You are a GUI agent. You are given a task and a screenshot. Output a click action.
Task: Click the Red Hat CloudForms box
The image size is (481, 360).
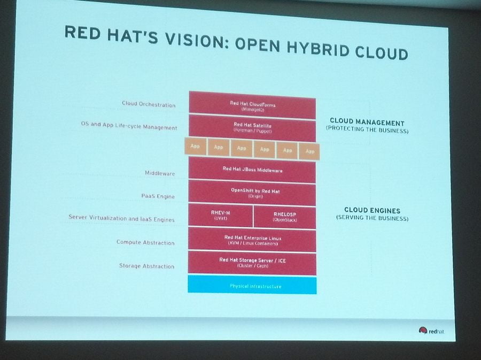pyautogui.click(x=252, y=104)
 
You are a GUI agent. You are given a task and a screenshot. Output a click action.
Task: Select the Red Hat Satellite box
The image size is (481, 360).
pyautogui.click(x=252, y=127)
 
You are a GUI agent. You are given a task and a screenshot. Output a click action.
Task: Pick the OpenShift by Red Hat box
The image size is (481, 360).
pyautogui.click(x=252, y=193)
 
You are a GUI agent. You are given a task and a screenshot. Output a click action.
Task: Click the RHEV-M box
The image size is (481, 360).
pyautogui.click(x=220, y=216)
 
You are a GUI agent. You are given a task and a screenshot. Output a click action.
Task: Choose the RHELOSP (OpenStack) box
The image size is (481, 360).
pyautogui.click(x=284, y=217)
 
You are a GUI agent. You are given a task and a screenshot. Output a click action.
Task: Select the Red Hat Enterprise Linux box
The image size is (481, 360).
pyautogui.click(x=252, y=240)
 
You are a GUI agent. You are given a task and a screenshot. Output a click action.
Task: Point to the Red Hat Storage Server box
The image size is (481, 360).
pyautogui.click(x=252, y=263)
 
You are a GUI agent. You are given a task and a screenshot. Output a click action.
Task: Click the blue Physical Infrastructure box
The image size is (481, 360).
pyautogui.click(x=252, y=286)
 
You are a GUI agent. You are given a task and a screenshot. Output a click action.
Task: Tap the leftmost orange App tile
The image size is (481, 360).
pyautogui.click(x=195, y=146)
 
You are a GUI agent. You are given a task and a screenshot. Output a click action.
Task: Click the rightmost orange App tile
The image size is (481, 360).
pyautogui.click(x=309, y=150)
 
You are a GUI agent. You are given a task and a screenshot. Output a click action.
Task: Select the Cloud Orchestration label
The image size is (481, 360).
pyautogui.click(x=149, y=104)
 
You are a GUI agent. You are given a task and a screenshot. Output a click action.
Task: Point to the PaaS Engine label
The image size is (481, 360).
pyautogui.click(x=158, y=196)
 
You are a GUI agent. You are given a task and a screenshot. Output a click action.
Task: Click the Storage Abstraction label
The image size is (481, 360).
pyautogui.click(x=146, y=266)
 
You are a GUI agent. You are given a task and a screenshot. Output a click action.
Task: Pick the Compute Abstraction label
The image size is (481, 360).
pyautogui.click(x=145, y=242)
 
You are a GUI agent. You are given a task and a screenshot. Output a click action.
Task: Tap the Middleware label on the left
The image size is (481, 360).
pyautogui.click(x=160, y=173)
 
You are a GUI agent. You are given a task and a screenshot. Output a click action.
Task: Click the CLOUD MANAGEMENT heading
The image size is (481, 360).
pyautogui.click(x=367, y=122)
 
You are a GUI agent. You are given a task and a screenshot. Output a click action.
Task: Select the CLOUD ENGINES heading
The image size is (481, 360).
pyautogui.click(x=372, y=210)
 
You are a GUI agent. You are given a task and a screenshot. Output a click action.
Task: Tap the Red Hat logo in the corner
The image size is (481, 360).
pyautogui.click(x=431, y=331)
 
